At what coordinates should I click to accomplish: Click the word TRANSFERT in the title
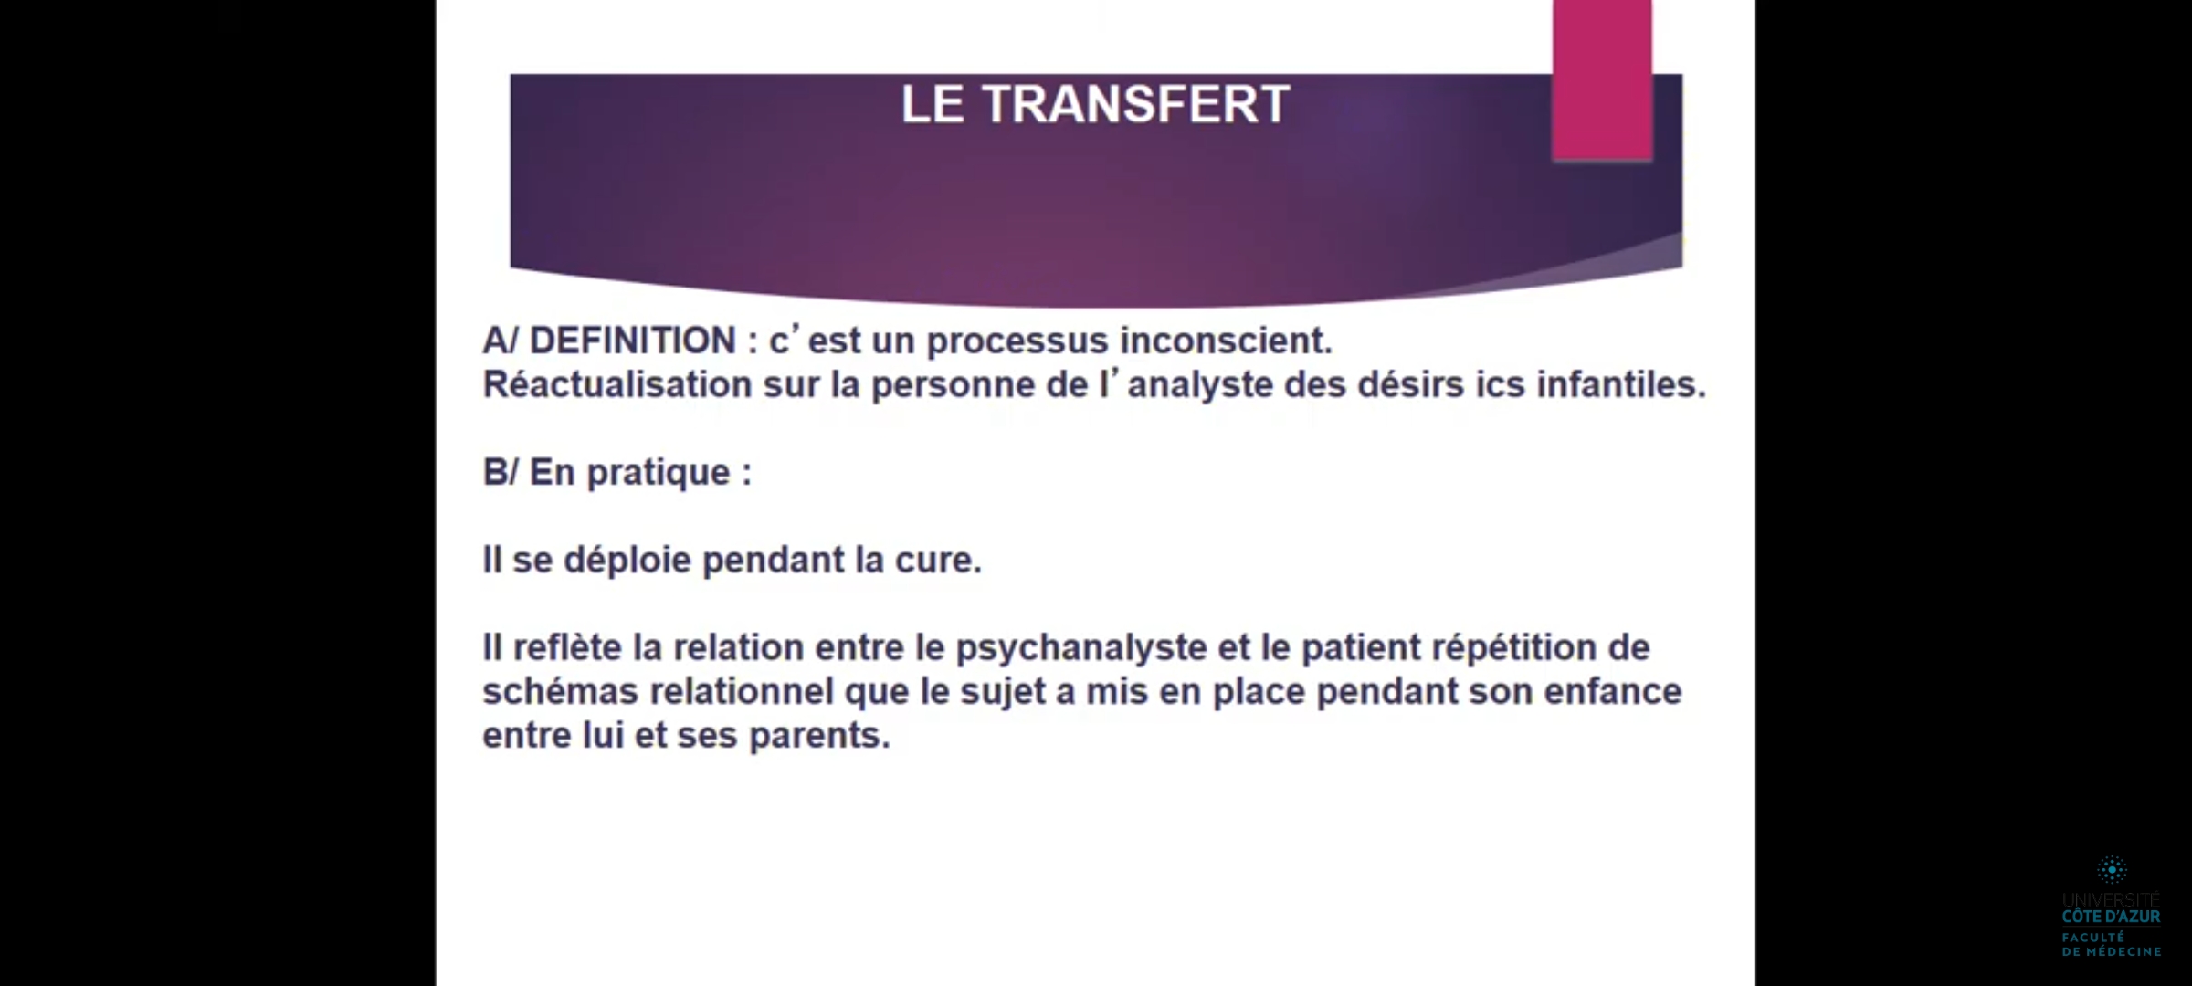point(1135,104)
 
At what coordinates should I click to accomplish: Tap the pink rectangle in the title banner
point(1602,80)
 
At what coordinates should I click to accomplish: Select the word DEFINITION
point(632,341)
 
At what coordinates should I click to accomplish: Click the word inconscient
point(1227,341)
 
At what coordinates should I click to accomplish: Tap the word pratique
point(659,474)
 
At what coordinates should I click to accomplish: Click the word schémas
point(560,692)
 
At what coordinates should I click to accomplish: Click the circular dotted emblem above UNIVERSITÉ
point(2112,869)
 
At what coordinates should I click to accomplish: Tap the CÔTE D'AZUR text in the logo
point(2112,917)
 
